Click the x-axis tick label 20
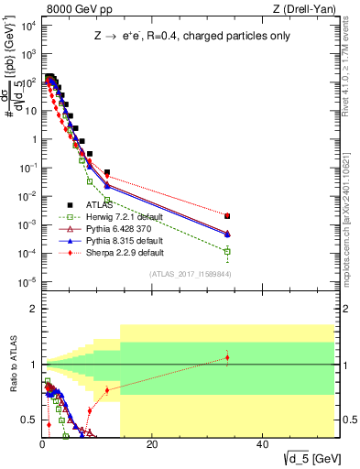(152, 443)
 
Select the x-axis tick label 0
(42, 443)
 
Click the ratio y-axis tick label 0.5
(28, 420)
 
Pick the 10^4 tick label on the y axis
(27, 26)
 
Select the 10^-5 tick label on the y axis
(27, 281)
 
